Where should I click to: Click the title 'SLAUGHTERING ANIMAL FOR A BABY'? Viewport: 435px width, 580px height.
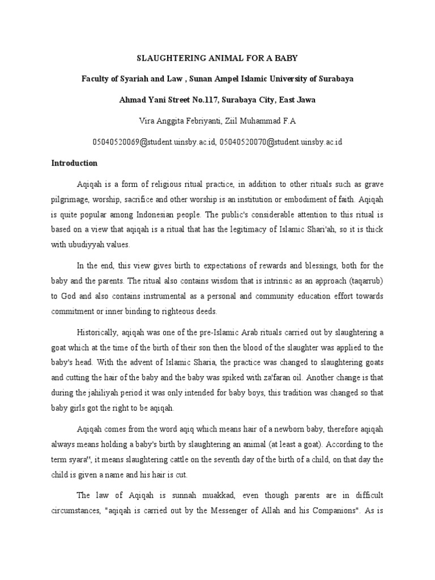pos(217,58)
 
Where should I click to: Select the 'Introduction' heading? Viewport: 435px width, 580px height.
pos(74,163)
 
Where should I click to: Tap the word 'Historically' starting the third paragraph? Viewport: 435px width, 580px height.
pos(97,332)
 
